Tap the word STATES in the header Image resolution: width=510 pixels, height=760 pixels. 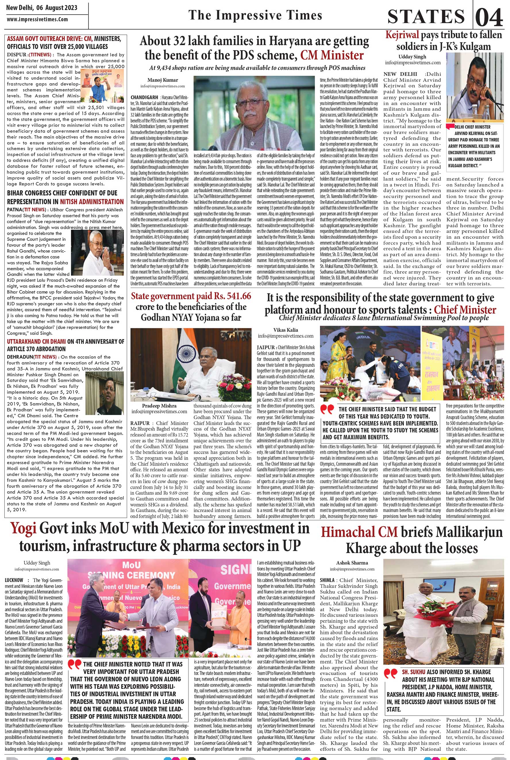coord(426,17)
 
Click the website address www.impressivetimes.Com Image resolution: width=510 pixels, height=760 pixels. coord(37,19)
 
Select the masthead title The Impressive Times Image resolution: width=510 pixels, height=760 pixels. coord(255,15)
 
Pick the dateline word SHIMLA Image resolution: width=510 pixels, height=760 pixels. coord(329,580)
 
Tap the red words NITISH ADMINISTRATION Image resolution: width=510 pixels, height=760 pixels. coord(92,202)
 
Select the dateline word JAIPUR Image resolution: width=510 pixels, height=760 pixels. coord(266,347)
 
